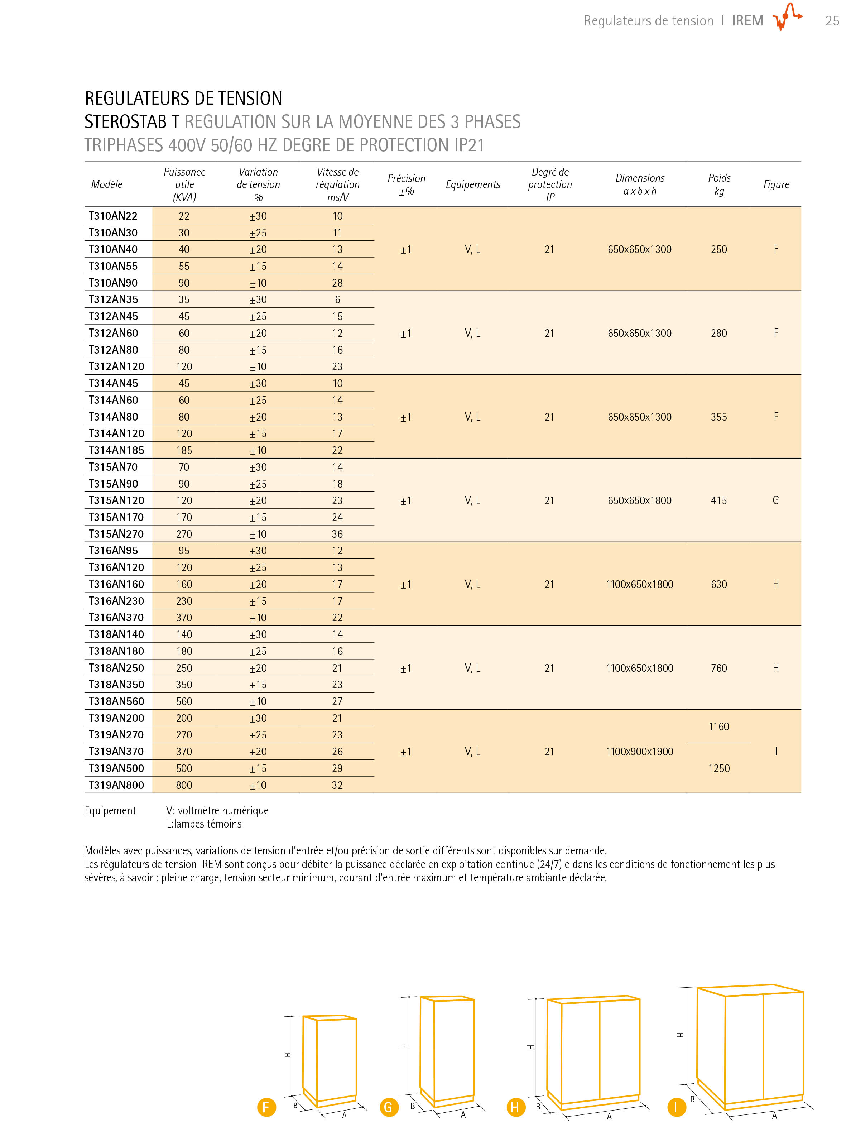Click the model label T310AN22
[113, 216]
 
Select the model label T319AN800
[116, 785]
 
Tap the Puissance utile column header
[184, 184]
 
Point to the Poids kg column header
[719, 184]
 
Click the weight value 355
[718, 417]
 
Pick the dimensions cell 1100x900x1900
[640, 752]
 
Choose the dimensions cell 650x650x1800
[640, 500]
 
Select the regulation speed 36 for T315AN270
[337, 534]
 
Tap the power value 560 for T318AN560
[184, 701]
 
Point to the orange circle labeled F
[266, 1107]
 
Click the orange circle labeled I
[676, 1107]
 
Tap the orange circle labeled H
[515, 1107]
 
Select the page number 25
[832, 21]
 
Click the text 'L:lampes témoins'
[204, 824]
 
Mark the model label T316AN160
[116, 584]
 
